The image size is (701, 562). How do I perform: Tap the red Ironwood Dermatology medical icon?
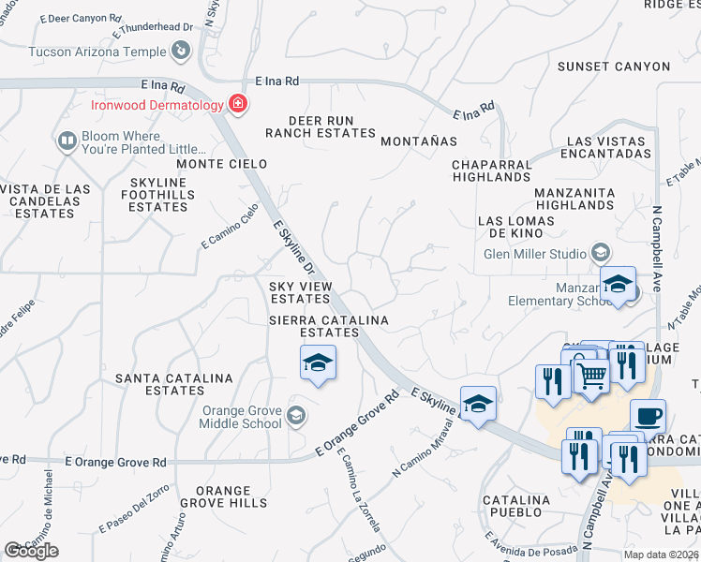click(238, 103)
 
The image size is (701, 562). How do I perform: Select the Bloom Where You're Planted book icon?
click(67, 141)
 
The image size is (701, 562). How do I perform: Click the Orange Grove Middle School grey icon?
click(296, 416)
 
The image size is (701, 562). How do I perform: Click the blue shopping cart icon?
click(591, 374)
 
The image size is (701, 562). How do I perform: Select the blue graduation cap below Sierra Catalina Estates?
click(318, 362)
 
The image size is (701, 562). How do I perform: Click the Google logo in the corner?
click(31, 551)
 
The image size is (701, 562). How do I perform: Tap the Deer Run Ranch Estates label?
click(321, 126)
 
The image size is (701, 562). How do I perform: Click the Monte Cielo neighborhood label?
click(222, 164)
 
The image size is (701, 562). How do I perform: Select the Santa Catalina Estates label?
click(173, 384)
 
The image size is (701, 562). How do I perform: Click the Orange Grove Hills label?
click(223, 496)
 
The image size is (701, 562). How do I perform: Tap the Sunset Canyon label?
click(614, 67)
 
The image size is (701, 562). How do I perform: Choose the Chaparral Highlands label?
click(491, 170)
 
